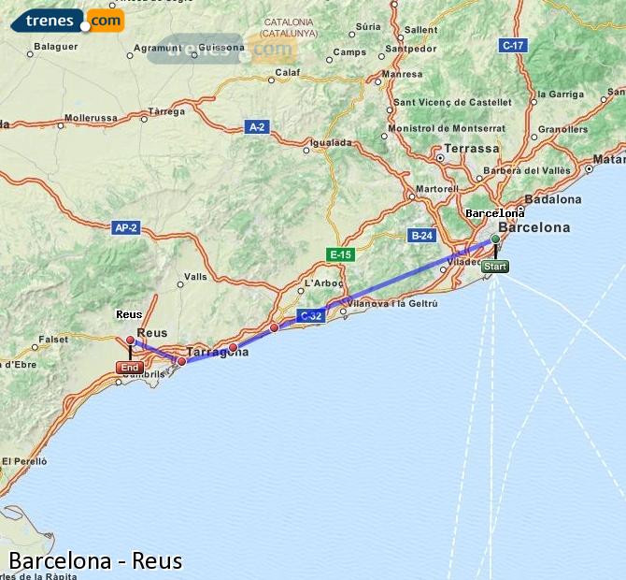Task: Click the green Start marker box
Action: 495,267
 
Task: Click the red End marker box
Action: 130,368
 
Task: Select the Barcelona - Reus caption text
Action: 95,561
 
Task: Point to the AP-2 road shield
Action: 125,227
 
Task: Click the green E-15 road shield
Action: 340,254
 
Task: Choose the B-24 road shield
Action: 421,236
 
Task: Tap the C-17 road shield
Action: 513,45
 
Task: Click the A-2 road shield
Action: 257,126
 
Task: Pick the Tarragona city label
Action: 218,353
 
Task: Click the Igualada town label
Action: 331,143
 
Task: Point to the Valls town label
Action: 196,277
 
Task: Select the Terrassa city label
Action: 472,149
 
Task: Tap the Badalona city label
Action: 553,199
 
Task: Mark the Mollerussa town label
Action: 92,119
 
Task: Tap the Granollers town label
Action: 563,129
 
